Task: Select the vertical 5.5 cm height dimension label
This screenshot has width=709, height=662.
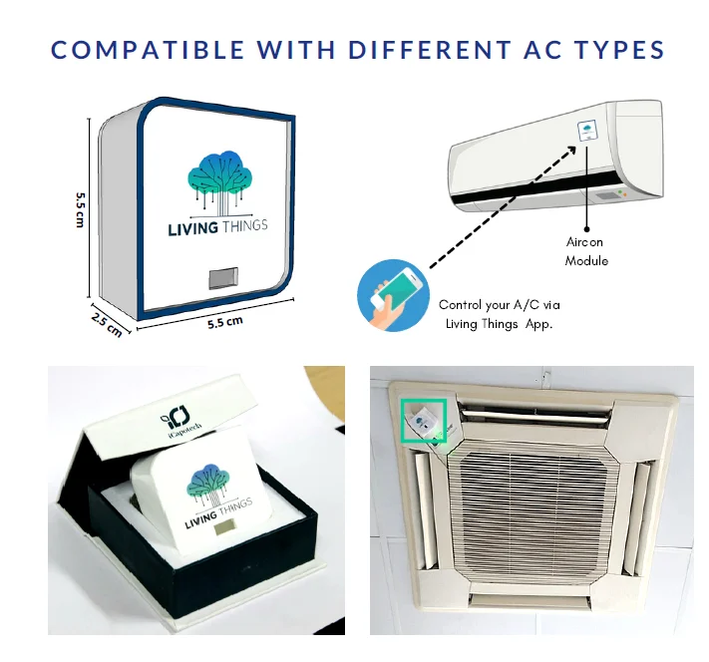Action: click(79, 209)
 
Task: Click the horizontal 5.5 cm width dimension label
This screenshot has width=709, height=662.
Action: click(225, 324)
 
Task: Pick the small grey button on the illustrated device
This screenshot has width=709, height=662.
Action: click(222, 276)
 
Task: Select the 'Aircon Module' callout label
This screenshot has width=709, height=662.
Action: click(586, 251)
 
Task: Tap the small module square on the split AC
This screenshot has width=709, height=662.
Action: click(586, 133)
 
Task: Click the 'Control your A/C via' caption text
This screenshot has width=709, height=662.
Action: click(506, 305)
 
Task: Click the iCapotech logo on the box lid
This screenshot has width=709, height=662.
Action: click(179, 416)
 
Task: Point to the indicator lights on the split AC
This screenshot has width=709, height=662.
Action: click(623, 193)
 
